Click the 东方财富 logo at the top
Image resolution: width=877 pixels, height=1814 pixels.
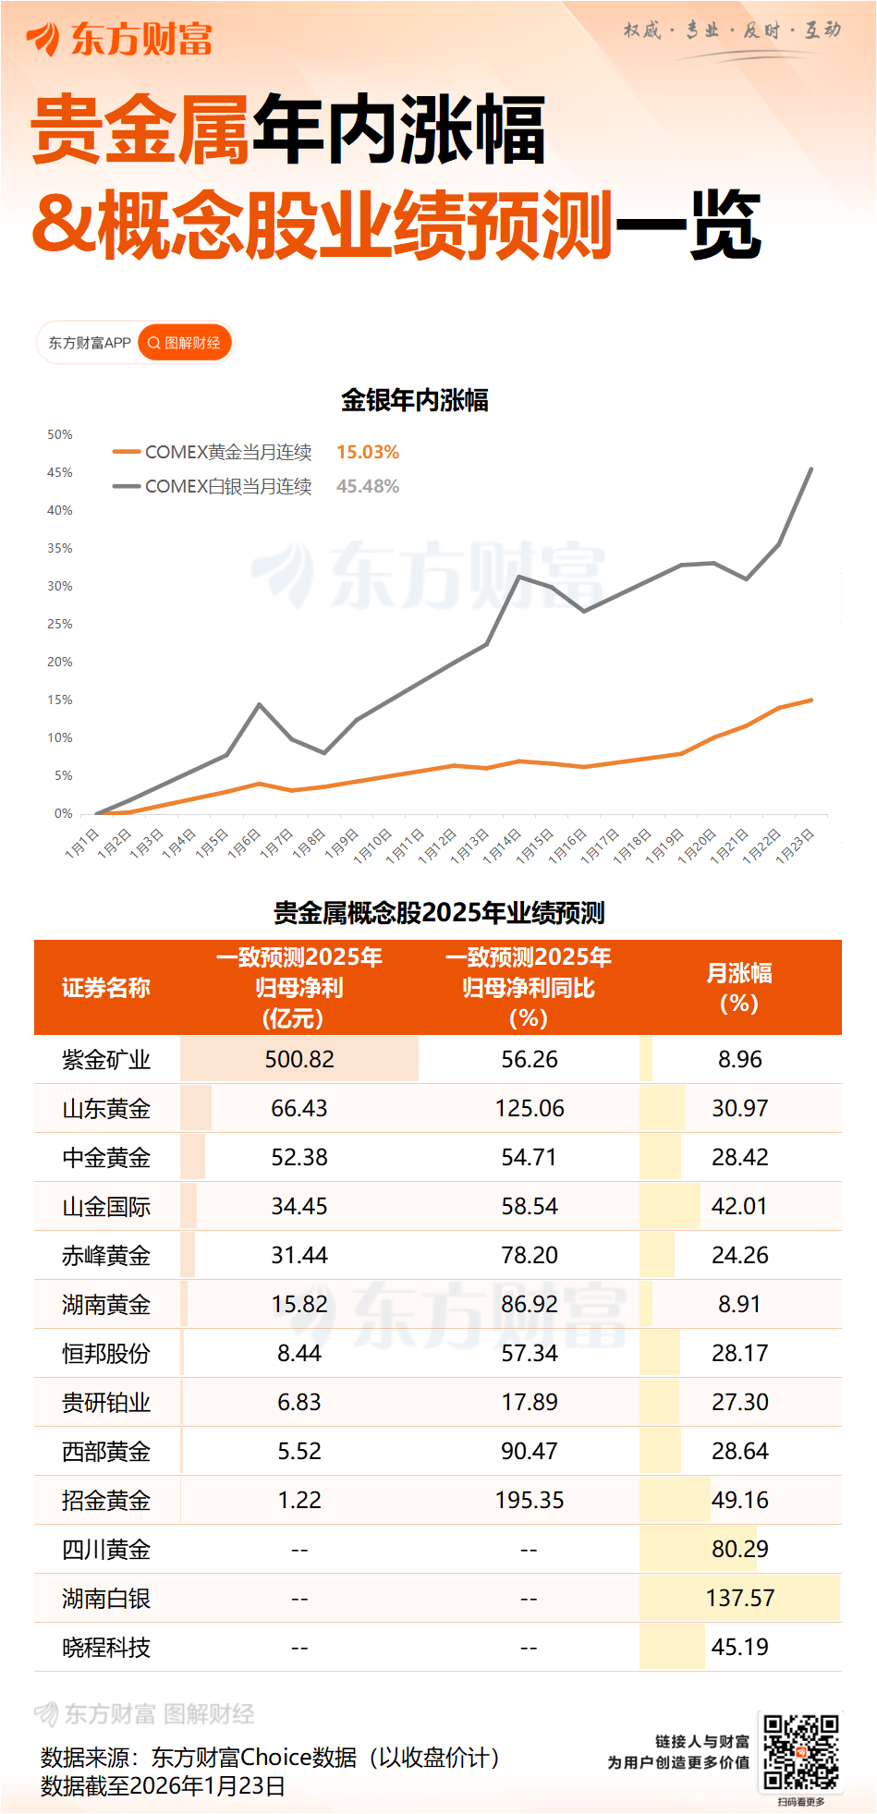(x=120, y=39)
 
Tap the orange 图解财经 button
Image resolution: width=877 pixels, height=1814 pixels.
(x=185, y=343)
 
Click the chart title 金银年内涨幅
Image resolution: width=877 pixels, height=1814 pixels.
(x=414, y=400)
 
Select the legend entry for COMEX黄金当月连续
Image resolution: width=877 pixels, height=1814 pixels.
(x=227, y=452)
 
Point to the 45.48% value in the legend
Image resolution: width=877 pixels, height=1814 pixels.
(x=367, y=486)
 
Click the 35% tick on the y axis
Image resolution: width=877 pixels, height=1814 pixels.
(x=60, y=548)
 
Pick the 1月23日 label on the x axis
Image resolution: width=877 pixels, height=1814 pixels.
(x=796, y=845)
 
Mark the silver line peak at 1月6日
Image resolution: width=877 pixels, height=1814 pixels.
(x=260, y=705)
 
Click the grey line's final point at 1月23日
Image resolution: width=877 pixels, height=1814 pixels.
(x=811, y=469)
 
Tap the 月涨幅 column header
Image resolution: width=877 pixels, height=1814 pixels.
(x=739, y=987)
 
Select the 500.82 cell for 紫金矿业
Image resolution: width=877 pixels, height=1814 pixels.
(x=299, y=1059)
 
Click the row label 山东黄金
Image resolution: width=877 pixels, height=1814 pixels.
(x=106, y=1108)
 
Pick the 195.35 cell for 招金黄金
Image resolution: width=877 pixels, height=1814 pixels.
(x=529, y=1500)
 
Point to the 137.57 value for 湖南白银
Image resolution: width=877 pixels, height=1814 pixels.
(x=739, y=1598)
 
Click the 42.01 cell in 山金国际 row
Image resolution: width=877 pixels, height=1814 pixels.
(x=739, y=1206)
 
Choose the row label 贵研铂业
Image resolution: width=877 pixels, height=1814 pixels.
(x=106, y=1402)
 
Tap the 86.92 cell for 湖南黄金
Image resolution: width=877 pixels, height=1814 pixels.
(x=529, y=1304)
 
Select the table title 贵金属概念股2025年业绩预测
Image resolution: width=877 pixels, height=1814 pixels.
(x=439, y=913)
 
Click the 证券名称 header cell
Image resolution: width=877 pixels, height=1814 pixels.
(x=106, y=987)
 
